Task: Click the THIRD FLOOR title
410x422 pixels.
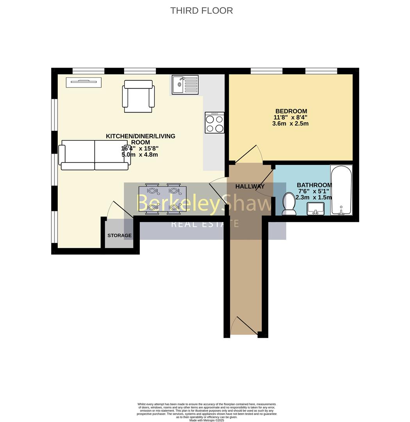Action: click(201, 11)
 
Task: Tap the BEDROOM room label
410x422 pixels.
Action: click(291, 111)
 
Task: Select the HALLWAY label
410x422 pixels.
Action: click(250, 187)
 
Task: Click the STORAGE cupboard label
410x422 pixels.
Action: click(119, 235)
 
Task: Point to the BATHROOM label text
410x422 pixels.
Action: click(314, 185)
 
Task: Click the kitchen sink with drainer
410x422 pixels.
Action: click(185, 85)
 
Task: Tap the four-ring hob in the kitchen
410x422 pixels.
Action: click(215, 123)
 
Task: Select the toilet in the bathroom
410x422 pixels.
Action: click(289, 204)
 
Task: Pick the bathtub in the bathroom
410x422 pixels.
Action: click(341, 190)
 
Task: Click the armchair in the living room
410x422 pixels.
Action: click(138, 96)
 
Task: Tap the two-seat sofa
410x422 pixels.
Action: click(94, 155)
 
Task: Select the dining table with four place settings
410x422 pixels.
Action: click(162, 199)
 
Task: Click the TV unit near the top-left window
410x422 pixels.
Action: click(84, 82)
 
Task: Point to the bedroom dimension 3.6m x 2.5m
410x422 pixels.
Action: click(291, 124)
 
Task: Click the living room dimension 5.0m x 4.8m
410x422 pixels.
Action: click(140, 155)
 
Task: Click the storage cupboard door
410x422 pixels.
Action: click(117, 210)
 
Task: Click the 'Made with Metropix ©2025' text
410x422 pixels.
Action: click(207, 420)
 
